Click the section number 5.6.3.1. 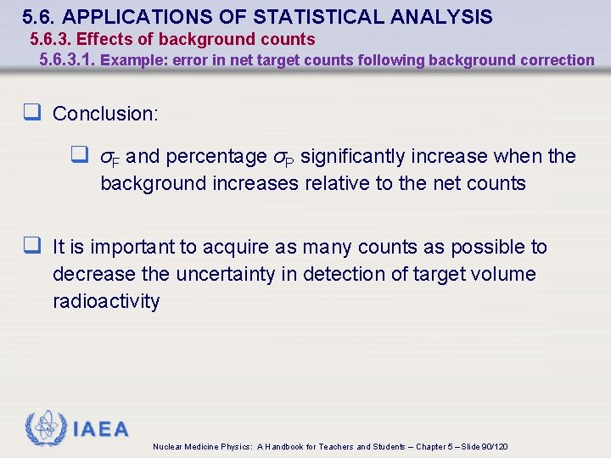(x=68, y=60)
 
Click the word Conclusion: (x=105, y=113)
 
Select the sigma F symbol (x=110, y=158)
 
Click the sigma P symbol (x=284, y=158)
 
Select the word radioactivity (x=106, y=302)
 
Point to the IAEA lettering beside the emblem (x=100, y=429)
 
